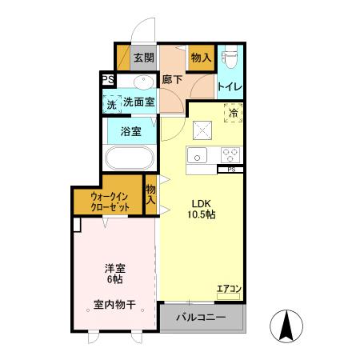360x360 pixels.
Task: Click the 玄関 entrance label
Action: [143, 58]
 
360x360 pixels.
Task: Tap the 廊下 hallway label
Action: [173, 79]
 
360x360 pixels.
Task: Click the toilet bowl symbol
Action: [231, 58]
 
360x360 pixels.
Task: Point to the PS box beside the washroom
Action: [107, 79]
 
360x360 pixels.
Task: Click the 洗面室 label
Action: [138, 102]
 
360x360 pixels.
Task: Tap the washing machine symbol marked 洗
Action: [111, 103]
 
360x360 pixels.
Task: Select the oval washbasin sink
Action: [144, 82]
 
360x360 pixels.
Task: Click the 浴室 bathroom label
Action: [131, 131]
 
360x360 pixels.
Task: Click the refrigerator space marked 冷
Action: [232, 114]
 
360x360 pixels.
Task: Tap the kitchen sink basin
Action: [197, 154]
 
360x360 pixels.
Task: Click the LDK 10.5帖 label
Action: [201, 208]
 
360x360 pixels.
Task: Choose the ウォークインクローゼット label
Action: [110, 201]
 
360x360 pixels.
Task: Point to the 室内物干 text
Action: [114, 304]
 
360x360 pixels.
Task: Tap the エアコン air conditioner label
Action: [229, 289]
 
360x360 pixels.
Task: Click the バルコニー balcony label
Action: [201, 318]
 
